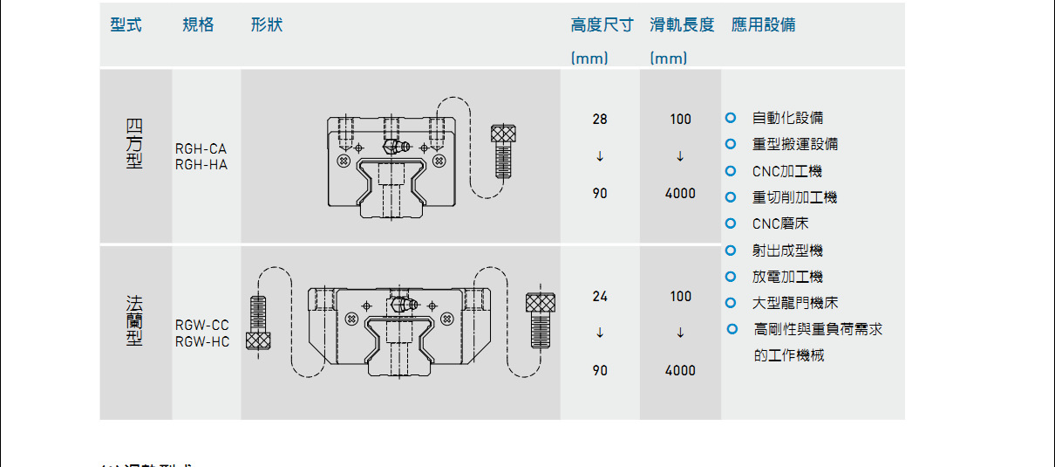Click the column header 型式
(126, 25)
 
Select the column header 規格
(198, 25)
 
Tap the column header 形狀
(266, 25)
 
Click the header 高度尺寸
(602, 25)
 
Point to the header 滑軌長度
(682, 25)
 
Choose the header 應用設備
(763, 25)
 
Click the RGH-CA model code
(201, 149)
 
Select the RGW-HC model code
(201, 341)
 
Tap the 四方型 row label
(133, 143)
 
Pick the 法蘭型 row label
(133, 320)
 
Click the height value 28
(600, 119)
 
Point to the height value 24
(600, 297)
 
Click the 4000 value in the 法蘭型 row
(680, 370)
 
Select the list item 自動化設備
(787, 118)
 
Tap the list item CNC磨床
(780, 223)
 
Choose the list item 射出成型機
(787, 251)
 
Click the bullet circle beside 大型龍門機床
(732, 303)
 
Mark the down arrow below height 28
(600, 157)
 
